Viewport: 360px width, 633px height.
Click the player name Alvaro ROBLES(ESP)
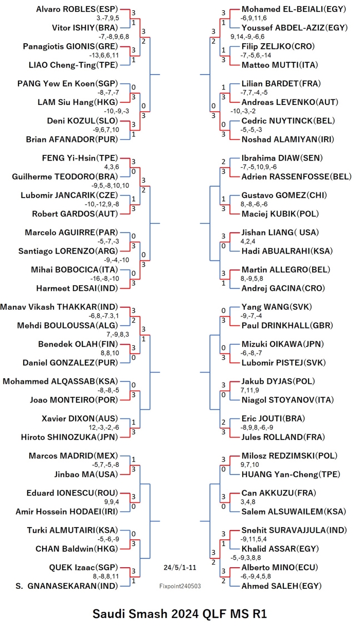[x=77, y=9]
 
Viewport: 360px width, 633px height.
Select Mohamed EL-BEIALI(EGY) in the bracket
[x=294, y=9]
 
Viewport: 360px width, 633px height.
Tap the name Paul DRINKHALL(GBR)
[x=287, y=326]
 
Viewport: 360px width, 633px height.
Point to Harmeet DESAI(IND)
[x=77, y=288]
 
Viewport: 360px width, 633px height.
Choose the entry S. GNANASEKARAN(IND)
[x=67, y=586]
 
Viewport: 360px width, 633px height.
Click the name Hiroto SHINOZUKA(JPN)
[x=69, y=437]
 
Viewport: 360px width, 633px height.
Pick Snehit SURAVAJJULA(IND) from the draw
[x=294, y=530]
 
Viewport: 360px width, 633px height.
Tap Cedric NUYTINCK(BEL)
[x=288, y=121]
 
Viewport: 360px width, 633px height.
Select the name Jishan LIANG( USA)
[x=280, y=233]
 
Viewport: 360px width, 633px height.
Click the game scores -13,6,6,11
[x=104, y=56]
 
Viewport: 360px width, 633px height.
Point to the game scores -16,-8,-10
[x=104, y=278]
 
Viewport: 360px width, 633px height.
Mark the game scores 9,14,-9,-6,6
[x=247, y=37]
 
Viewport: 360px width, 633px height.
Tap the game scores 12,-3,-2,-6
[x=104, y=428]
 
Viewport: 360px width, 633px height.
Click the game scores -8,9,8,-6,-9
[x=257, y=428]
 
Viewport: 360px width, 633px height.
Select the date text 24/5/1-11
[x=180, y=568]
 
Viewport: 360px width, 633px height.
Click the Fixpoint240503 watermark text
[x=180, y=586]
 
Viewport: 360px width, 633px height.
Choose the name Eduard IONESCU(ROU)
[x=73, y=493]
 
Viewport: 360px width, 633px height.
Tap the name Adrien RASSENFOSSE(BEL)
[x=296, y=177]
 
